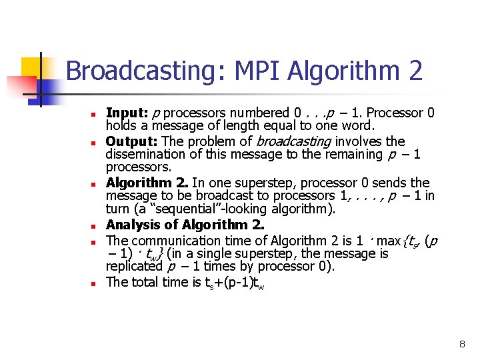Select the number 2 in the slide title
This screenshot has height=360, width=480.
coord(415,70)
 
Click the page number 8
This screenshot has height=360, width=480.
coord(462,344)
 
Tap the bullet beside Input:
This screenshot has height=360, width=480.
coord(95,114)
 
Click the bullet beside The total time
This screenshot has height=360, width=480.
coord(95,283)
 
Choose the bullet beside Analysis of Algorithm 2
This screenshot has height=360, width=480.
coord(95,226)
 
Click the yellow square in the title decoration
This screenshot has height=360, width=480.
coord(31,67)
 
